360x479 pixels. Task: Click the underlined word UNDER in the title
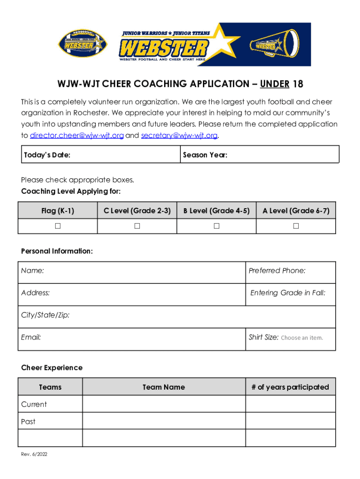(274, 84)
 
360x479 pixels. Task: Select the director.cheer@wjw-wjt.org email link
(77, 136)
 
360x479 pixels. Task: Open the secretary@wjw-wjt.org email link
(179, 136)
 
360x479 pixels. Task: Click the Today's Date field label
(47, 155)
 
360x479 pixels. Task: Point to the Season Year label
(205, 155)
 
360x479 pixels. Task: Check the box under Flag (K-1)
(58, 226)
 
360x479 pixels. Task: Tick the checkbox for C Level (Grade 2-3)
(137, 226)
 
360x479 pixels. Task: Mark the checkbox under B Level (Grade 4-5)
(216, 226)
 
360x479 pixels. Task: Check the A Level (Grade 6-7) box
(296, 226)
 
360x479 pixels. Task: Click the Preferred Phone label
(277, 270)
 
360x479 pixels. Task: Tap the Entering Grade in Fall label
(288, 293)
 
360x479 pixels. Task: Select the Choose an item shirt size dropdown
(302, 338)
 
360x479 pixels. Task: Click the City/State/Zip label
(45, 315)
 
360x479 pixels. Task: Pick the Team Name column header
(164, 387)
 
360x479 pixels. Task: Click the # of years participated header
(290, 387)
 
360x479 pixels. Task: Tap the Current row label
(34, 404)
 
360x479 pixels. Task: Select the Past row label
(28, 421)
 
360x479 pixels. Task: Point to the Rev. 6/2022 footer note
(34, 454)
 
